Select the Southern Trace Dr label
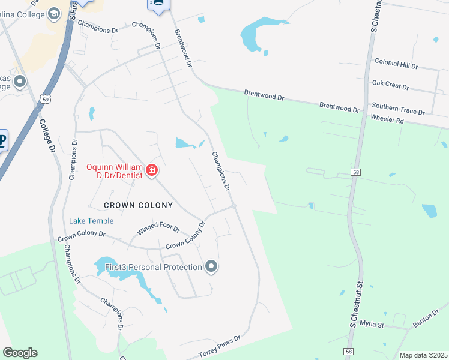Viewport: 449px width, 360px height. click(x=398, y=111)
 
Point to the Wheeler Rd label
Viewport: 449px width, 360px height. click(x=387, y=120)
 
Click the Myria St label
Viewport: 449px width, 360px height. click(x=372, y=325)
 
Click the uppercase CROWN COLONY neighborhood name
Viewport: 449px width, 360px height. click(x=138, y=205)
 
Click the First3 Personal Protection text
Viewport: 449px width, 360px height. click(x=154, y=267)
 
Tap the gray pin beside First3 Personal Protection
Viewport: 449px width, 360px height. click(x=211, y=266)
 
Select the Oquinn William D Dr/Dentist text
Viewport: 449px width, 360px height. click(x=115, y=171)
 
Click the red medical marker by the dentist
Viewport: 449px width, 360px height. click(x=152, y=170)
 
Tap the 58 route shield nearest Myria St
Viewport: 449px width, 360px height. click(x=349, y=350)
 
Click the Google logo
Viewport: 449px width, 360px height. click(x=20, y=353)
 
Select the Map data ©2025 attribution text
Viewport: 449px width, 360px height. click(x=423, y=355)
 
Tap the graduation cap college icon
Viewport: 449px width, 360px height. click(x=53, y=13)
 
